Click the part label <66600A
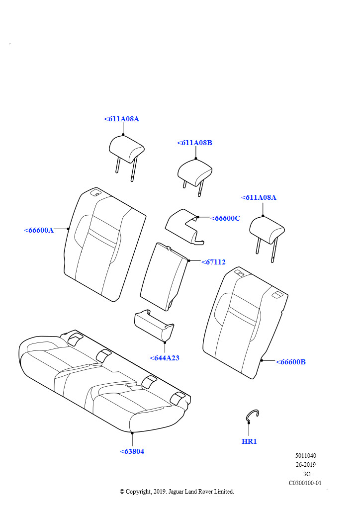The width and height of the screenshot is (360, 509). coord(39,230)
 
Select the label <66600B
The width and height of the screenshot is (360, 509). coord(291,362)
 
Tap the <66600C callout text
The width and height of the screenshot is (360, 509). coord(225,218)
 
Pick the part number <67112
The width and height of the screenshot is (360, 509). coord(214,262)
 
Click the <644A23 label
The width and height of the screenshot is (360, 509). coord(165,358)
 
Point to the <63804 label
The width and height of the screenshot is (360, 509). coord(132,451)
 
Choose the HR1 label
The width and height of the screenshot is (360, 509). coord(249,441)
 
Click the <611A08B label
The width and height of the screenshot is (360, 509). coord(195,143)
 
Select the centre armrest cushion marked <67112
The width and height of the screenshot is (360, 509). coord(164,276)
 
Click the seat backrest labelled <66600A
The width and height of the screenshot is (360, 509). coord(104,245)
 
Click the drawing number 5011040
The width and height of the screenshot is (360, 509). coord(306,455)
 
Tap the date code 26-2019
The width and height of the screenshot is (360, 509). coord(306,465)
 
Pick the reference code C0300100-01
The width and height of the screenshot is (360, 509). coord(305,483)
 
